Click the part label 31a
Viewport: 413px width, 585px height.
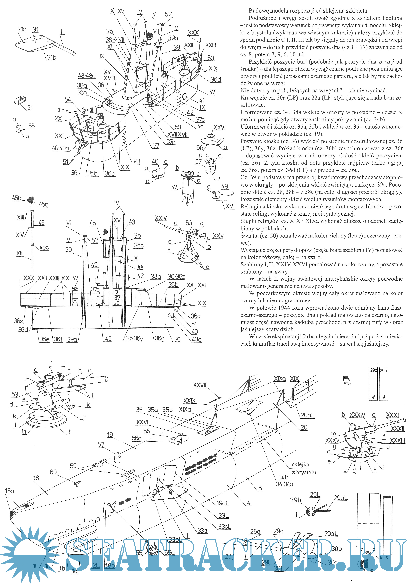pos(22,30)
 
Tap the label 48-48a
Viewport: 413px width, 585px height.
pos(87,76)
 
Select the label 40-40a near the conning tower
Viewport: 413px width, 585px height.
pos(60,148)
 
